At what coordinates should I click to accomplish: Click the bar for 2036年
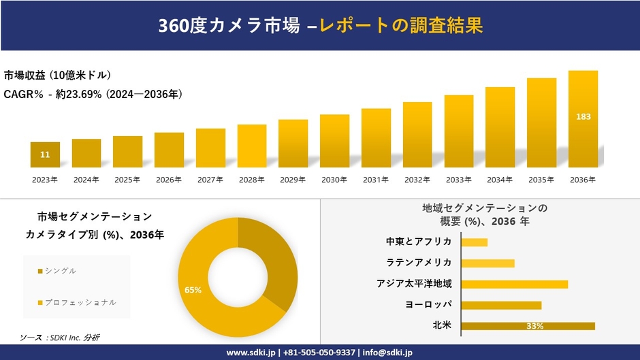(x=583, y=119)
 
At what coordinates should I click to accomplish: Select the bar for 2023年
(x=45, y=154)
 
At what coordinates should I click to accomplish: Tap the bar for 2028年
(x=252, y=146)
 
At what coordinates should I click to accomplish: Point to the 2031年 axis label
(x=376, y=180)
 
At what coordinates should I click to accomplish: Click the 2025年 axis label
(x=127, y=180)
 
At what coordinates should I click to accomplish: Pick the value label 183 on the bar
(x=583, y=116)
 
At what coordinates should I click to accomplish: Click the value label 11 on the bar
(x=45, y=155)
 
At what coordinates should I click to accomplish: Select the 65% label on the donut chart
(x=193, y=290)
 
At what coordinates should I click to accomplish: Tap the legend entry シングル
(x=60, y=271)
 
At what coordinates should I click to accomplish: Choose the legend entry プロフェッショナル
(x=80, y=301)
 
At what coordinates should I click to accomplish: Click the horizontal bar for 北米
(x=528, y=326)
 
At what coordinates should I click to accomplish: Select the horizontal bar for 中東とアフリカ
(x=475, y=242)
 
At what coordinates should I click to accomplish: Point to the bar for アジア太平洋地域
(x=514, y=284)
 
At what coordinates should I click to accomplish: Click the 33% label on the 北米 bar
(x=534, y=327)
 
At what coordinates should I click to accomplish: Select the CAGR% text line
(x=93, y=94)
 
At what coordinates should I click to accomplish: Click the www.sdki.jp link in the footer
(x=251, y=353)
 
